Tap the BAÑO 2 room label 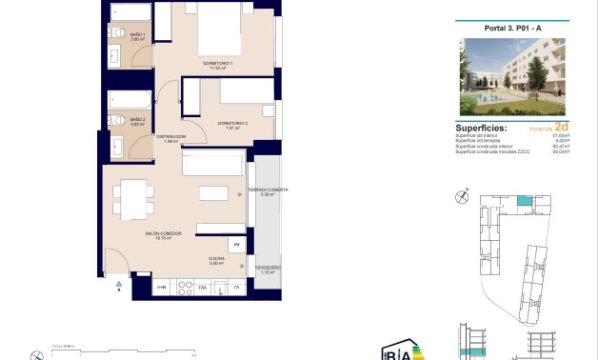coord(136,121)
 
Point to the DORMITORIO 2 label coord(231,125)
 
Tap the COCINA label coord(216,260)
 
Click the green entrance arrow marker coord(117,285)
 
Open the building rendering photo coord(510,77)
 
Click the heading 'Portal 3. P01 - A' coord(510,27)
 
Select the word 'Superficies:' coord(482,127)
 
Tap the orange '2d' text coord(561,126)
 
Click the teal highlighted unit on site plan coord(524,201)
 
